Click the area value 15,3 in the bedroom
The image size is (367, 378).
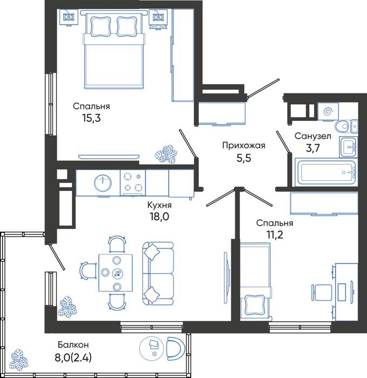[x=91, y=118]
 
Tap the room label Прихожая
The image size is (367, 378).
[x=244, y=146]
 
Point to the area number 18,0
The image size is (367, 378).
[x=159, y=217]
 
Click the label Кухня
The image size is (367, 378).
[x=159, y=205]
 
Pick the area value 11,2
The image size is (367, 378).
[x=274, y=234]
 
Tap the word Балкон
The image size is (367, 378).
[x=74, y=345]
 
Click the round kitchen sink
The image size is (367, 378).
[x=103, y=183]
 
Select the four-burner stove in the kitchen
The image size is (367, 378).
[x=133, y=183]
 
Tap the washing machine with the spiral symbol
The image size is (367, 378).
[x=328, y=111]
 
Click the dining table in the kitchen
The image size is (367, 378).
[x=116, y=273]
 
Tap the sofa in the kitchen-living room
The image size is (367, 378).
[x=158, y=274]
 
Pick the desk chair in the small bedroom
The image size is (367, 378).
[x=322, y=292]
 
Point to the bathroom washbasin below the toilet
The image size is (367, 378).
[x=349, y=147]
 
